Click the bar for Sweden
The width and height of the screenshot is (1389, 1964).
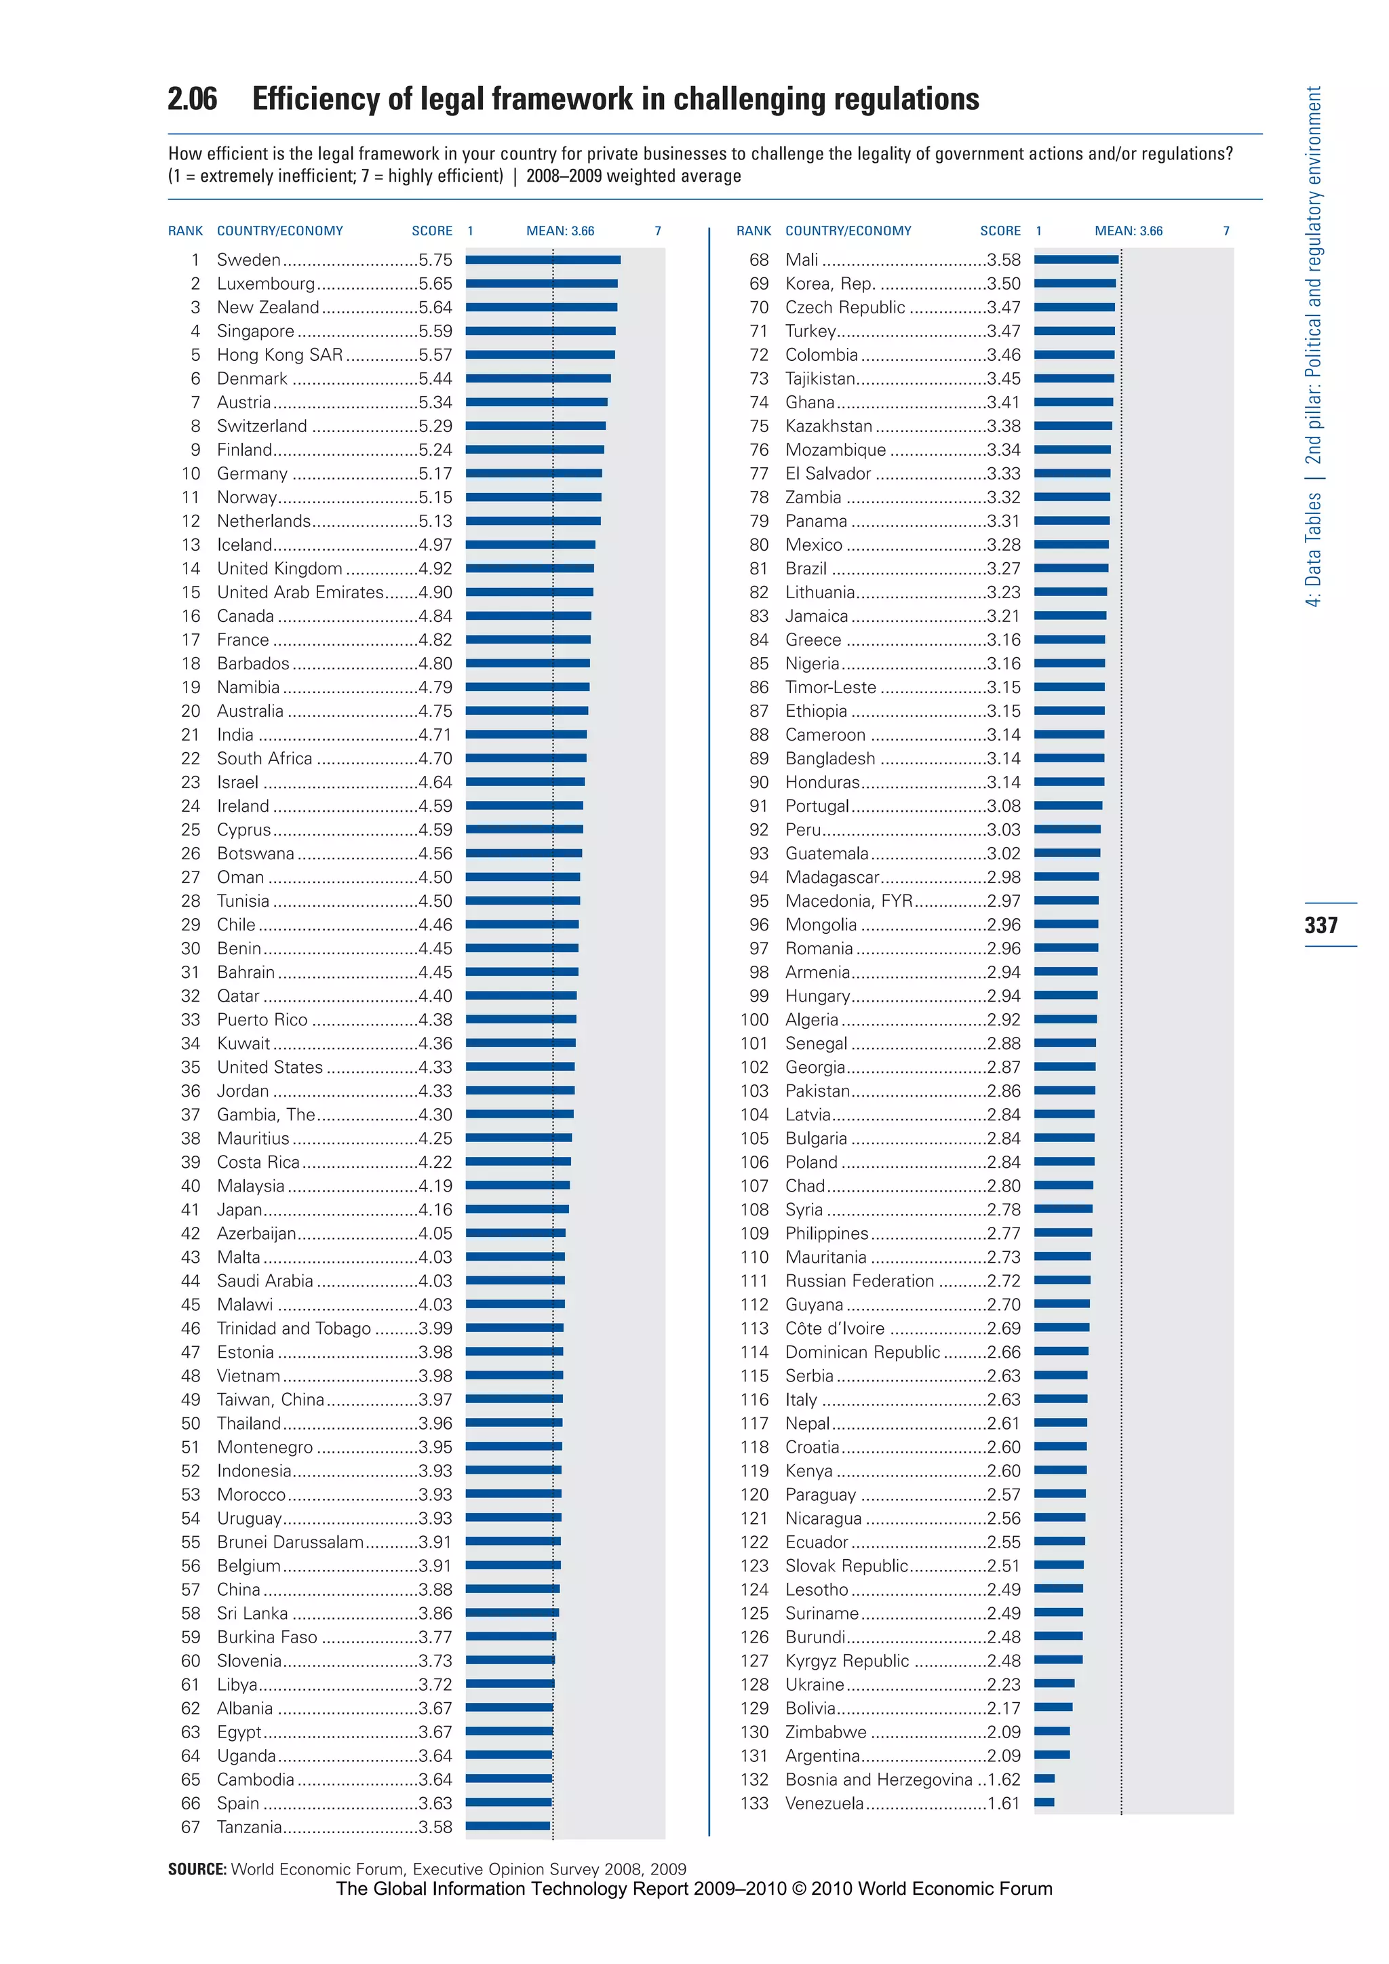pos(543,259)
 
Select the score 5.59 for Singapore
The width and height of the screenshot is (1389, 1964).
pos(435,331)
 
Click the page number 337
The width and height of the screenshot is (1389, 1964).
pos(1320,924)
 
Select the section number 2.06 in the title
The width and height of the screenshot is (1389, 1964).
pos(193,99)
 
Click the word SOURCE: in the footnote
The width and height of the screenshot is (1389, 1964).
pos(197,1869)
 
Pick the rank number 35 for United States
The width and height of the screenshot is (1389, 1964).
pos(191,1067)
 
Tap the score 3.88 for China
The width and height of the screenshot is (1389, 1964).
pos(435,1590)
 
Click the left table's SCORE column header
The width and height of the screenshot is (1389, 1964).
pos(432,231)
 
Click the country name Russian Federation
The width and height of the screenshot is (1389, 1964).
pos(859,1280)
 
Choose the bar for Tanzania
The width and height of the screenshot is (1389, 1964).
pos(508,1826)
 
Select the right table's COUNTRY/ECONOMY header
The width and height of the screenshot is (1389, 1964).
pos(848,231)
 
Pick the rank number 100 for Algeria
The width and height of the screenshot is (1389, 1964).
pos(754,1019)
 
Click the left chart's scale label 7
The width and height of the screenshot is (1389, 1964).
pos(658,231)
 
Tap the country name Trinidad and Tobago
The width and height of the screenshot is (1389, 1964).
pos(294,1329)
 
